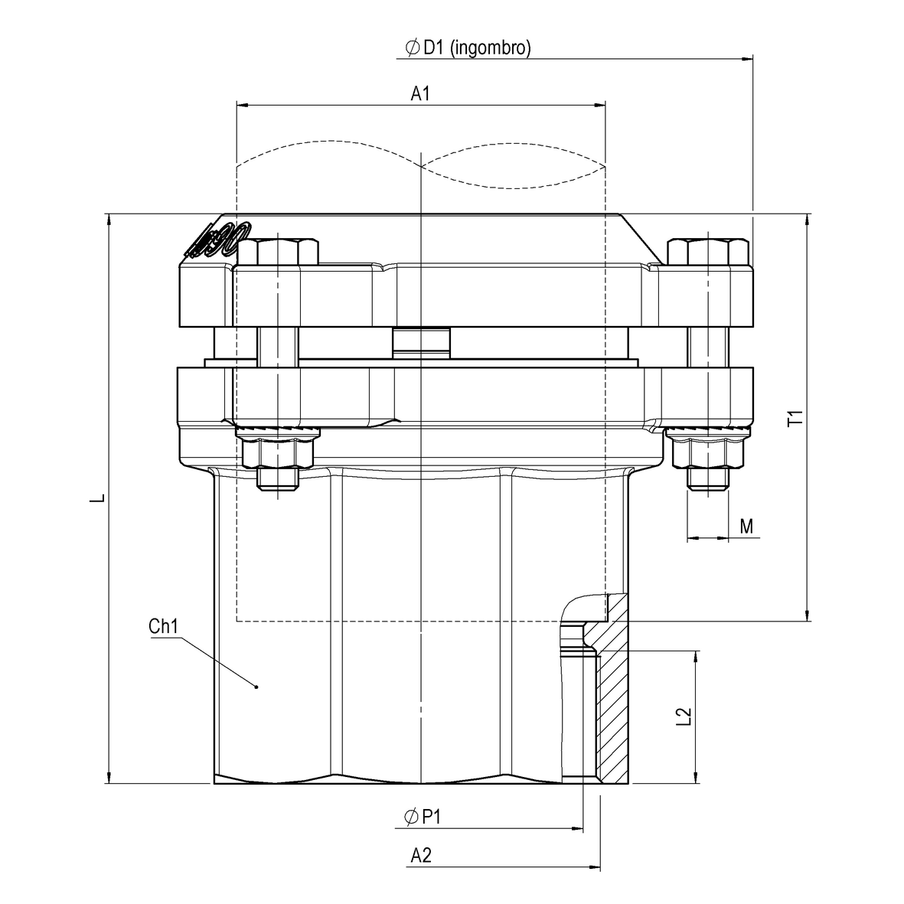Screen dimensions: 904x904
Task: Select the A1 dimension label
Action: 420,93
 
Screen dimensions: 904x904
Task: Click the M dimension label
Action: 747,526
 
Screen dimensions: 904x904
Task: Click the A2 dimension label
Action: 421,856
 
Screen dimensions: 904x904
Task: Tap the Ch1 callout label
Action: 163,627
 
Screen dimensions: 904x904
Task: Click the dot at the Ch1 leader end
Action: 256,687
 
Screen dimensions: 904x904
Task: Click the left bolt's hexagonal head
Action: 278,252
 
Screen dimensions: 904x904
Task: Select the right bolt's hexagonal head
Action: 707,252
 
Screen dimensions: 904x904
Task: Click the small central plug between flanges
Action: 421,341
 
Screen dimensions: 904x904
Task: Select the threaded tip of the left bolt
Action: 277,479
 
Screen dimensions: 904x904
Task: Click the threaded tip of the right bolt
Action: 707,479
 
